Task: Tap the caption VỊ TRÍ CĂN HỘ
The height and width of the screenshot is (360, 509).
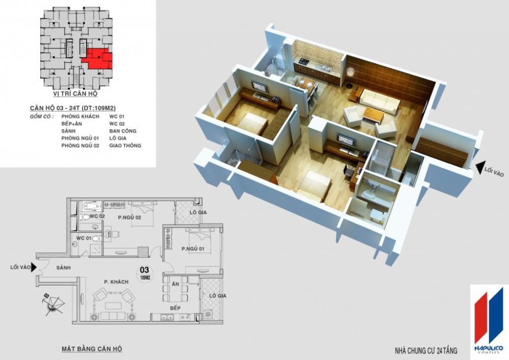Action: point(75,94)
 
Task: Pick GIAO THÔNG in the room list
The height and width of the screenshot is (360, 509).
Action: point(125,146)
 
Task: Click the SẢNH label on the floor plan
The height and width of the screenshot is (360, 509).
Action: point(63,268)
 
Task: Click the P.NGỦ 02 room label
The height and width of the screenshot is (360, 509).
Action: point(129,217)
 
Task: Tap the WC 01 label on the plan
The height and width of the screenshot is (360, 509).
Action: point(83,238)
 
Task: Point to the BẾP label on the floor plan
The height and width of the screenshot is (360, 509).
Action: point(176,309)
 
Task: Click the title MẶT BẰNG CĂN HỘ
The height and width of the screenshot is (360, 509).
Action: point(92,349)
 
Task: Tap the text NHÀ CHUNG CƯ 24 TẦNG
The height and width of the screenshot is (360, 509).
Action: point(426,351)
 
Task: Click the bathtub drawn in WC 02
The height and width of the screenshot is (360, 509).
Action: point(92,207)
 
